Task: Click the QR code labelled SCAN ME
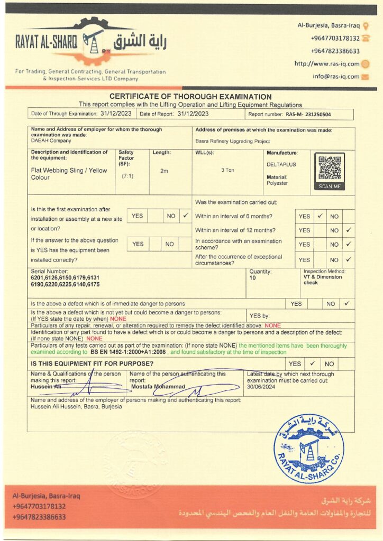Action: [330, 169]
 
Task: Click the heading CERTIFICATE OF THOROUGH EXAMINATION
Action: [190, 97]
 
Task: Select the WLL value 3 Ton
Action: [227, 170]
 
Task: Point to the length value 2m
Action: [163, 171]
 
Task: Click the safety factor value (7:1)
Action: [127, 175]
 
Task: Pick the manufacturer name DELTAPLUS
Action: [281, 164]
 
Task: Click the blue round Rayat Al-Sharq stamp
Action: [309, 449]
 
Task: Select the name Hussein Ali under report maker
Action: [45, 386]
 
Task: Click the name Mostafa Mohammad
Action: [158, 386]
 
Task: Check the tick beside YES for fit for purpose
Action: [312, 363]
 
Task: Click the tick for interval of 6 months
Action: [320, 216]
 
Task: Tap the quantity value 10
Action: [252, 277]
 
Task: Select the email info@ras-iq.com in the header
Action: [336, 77]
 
